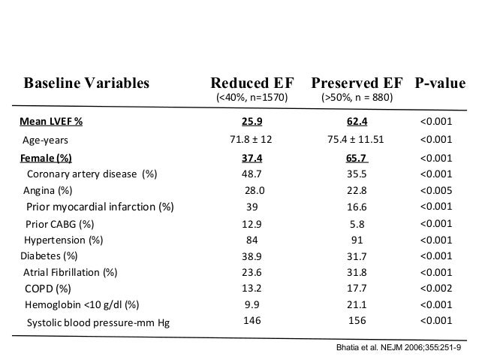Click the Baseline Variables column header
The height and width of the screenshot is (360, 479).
(x=86, y=82)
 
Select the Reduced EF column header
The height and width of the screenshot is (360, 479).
(x=252, y=82)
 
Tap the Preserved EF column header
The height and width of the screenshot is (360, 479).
(x=357, y=82)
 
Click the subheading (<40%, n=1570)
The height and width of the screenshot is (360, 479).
(x=252, y=98)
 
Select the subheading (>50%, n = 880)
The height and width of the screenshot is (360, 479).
(x=357, y=98)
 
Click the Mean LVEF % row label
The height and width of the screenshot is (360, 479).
(x=51, y=121)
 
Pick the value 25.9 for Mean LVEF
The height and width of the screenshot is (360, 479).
(x=252, y=121)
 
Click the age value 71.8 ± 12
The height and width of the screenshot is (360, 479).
(x=252, y=139)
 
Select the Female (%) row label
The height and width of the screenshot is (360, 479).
(x=47, y=158)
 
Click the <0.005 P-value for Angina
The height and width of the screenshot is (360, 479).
(x=436, y=189)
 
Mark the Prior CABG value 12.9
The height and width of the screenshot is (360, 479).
(x=252, y=223)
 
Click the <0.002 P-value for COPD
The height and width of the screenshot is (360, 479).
(x=436, y=288)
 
